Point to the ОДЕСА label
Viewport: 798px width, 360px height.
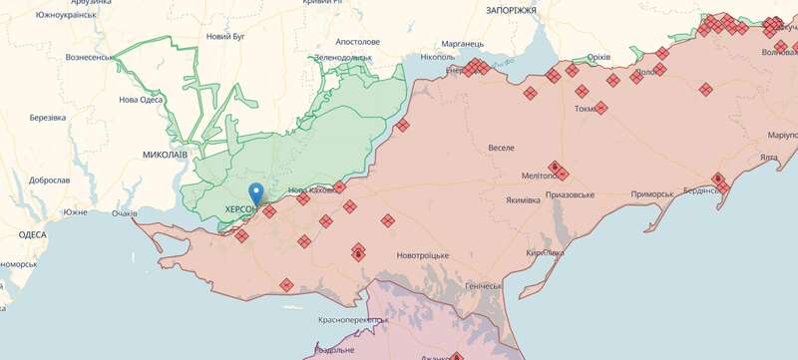32,234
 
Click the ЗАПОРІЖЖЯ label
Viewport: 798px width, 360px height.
511,10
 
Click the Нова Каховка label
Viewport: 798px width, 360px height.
312,190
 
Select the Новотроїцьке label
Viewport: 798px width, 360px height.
422,256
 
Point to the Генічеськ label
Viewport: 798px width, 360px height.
483,286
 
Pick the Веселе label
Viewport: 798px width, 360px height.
501,148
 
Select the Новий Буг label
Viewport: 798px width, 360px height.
225,37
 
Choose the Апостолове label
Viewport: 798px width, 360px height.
356,42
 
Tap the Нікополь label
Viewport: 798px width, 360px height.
437,58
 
